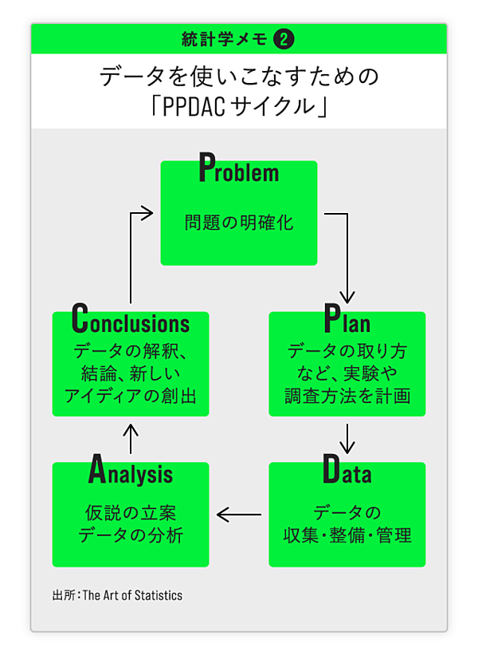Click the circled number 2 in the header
tap(283, 38)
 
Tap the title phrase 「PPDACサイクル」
tap(239, 106)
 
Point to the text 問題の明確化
tap(239, 222)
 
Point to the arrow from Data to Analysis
tap(239, 515)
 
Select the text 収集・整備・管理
tap(347, 535)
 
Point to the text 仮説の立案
tap(131, 512)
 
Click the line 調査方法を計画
tap(347, 395)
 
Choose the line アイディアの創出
tap(131, 395)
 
